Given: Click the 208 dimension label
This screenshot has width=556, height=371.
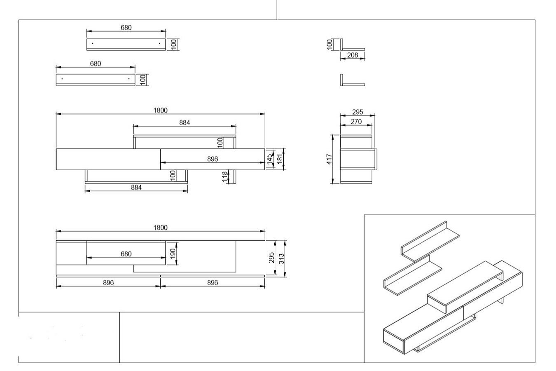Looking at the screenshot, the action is coord(353,55).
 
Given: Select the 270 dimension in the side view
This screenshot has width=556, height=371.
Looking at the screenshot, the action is coord(356,122).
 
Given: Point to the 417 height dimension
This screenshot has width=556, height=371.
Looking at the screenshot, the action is coord(329,159).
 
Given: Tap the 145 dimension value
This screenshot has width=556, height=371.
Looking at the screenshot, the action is coord(270,159).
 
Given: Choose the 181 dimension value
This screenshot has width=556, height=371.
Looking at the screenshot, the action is coord(280,159).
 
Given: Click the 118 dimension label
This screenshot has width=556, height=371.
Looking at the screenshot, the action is coord(224,176).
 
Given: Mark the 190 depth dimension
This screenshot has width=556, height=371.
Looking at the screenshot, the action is coord(173,254).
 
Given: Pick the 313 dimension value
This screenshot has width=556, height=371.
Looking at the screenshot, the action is coord(281,258).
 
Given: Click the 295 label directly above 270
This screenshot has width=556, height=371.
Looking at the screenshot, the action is coord(357,112).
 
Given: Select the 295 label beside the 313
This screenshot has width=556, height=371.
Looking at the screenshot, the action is coord(271,258).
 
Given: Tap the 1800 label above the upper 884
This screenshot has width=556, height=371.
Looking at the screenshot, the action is coord(160,110).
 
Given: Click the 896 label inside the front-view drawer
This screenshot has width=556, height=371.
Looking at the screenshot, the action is coord(213,159).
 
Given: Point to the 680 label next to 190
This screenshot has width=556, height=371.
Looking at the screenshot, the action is coord(126,254).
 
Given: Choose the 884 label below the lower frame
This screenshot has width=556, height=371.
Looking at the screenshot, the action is coord(136,188).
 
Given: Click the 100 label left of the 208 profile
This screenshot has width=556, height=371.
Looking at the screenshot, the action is coord(329,45).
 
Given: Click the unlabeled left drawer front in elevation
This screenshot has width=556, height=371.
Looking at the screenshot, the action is coord(108,159).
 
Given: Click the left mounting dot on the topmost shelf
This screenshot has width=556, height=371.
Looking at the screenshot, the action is coord(93,43).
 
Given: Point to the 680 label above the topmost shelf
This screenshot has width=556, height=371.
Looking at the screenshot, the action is coord(126,28).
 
